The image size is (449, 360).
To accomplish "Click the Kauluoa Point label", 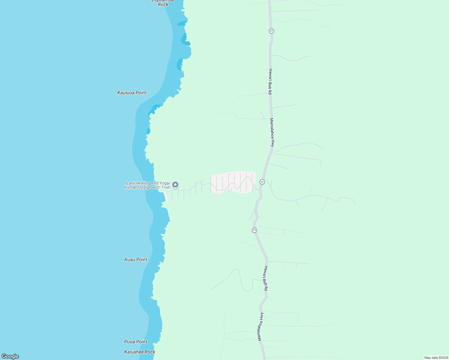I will pyautogui.click(x=132, y=93).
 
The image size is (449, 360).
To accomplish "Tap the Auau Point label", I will pyautogui.click(x=136, y=259).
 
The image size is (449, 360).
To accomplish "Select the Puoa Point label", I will pyautogui.click(x=136, y=342).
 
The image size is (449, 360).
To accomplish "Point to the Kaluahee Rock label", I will pyautogui.click(x=140, y=352).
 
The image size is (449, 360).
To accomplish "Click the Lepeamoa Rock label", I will pyautogui.click(x=163, y=3).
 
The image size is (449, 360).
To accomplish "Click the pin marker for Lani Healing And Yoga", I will pyautogui.click(x=175, y=184).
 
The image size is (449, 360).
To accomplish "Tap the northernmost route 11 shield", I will pyautogui.click(x=271, y=31).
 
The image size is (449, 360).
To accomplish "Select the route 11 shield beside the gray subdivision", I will pyautogui.click(x=262, y=182).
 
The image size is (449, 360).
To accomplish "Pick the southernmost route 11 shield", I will pyautogui.click(x=255, y=230).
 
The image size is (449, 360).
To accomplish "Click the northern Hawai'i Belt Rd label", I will pyautogui.click(x=270, y=82).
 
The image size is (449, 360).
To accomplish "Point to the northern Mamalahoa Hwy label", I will pyautogui.click(x=272, y=132).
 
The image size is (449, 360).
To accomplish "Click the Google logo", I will pyautogui.click(x=10, y=356).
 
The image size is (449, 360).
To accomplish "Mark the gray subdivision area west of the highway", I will pyautogui.click(x=234, y=182).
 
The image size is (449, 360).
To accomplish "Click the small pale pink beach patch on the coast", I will pyautogui.click(x=165, y=196).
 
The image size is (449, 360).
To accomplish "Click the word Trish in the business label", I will pyautogui.click(x=166, y=187).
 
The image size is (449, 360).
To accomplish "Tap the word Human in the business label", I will pyautogui.click(x=130, y=187).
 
